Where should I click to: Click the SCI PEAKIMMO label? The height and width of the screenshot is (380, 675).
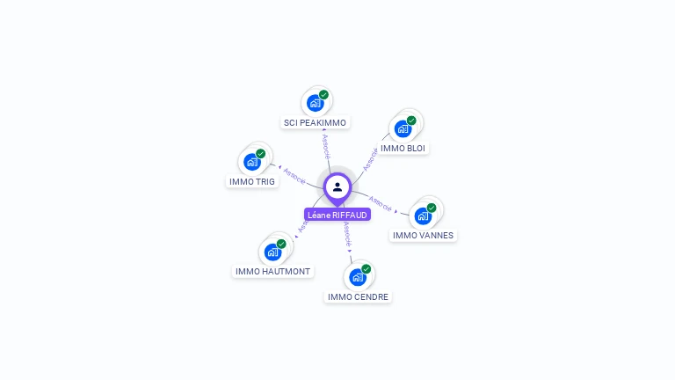(x=315, y=123)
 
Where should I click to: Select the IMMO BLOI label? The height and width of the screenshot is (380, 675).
(x=403, y=149)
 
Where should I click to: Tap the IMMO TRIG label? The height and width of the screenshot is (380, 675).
(x=252, y=182)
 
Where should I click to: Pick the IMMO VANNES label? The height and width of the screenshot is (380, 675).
(x=424, y=236)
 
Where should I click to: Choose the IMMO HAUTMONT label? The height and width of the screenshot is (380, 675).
(x=273, y=272)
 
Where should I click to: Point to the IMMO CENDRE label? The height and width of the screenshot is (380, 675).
(x=358, y=297)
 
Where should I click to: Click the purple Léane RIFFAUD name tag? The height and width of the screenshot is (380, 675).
(x=337, y=215)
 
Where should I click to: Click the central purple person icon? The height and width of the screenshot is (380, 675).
(x=337, y=186)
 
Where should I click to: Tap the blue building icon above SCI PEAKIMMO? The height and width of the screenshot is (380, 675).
(x=315, y=103)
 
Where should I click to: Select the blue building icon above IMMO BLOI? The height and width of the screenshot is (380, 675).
(x=403, y=128)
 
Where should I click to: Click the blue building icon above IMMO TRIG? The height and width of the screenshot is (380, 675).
(x=252, y=162)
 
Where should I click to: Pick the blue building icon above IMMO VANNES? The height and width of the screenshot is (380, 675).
(x=423, y=216)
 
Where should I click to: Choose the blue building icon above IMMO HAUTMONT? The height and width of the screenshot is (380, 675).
(x=272, y=252)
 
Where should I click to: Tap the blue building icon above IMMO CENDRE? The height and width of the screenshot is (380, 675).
(x=357, y=277)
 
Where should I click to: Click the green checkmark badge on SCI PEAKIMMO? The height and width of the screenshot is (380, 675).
(x=323, y=95)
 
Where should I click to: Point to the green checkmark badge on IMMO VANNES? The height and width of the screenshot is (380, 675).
(x=432, y=208)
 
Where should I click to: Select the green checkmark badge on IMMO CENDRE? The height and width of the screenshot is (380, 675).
(x=366, y=269)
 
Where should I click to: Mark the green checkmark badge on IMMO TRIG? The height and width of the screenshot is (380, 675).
(x=261, y=154)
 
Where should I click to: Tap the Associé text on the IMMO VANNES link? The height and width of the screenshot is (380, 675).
(x=381, y=203)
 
